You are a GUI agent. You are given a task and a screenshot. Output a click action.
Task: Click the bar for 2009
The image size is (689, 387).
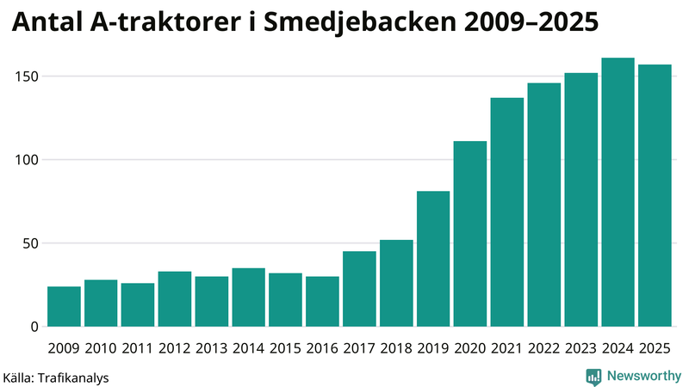(64, 306)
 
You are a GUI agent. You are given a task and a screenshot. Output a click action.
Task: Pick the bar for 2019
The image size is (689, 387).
(433, 258)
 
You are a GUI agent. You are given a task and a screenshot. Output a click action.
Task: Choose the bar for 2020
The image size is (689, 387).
(470, 233)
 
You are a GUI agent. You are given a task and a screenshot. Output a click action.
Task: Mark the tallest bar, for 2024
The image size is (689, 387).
(618, 192)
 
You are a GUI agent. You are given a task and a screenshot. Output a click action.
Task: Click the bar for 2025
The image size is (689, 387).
(655, 195)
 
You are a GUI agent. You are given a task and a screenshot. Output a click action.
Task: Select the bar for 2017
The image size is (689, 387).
(359, 288)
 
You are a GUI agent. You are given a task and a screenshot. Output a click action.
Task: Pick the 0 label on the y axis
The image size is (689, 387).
(34, 327)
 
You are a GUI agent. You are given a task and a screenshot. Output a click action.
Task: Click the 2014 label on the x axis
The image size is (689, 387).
(248, 347)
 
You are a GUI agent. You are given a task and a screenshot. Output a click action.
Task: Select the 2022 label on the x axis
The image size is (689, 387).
(543, 347)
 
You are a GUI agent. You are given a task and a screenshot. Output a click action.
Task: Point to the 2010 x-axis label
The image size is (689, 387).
(101, 347)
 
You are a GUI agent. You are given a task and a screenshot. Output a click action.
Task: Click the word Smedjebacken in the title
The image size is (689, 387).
(353, 23)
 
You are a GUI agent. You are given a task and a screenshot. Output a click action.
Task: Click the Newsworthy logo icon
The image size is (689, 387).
(594, 376)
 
